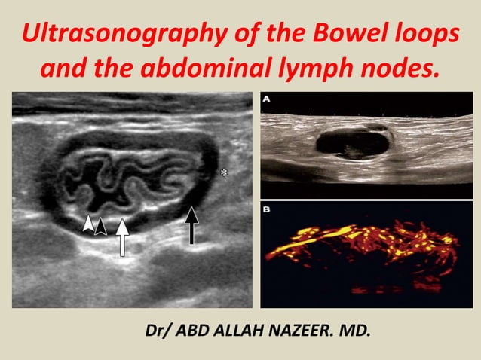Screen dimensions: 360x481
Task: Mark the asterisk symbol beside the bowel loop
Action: click(x=223, y=173)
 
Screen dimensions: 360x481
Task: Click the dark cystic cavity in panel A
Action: click(x=351, y=141)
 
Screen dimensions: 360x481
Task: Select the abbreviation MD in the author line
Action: click(x=355, y=330)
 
